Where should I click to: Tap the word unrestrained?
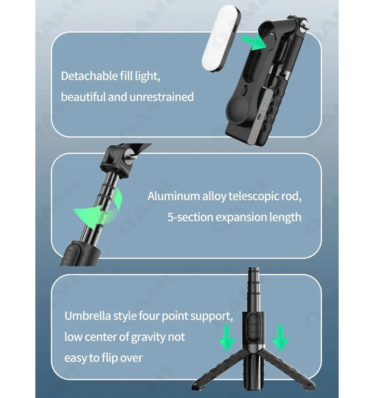coord(162,97)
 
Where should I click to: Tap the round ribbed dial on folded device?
coord(238,109)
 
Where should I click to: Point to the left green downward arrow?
coord(227,338)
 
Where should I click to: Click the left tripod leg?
coord(218,370)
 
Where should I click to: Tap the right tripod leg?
coord(285,370)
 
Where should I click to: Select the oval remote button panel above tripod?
coord(253,328)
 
